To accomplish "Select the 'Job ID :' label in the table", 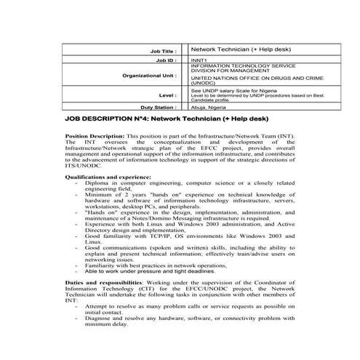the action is tap(167, 61).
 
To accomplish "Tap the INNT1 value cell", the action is tap(199, 61).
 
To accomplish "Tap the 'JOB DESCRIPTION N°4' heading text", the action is tap(109, 118).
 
